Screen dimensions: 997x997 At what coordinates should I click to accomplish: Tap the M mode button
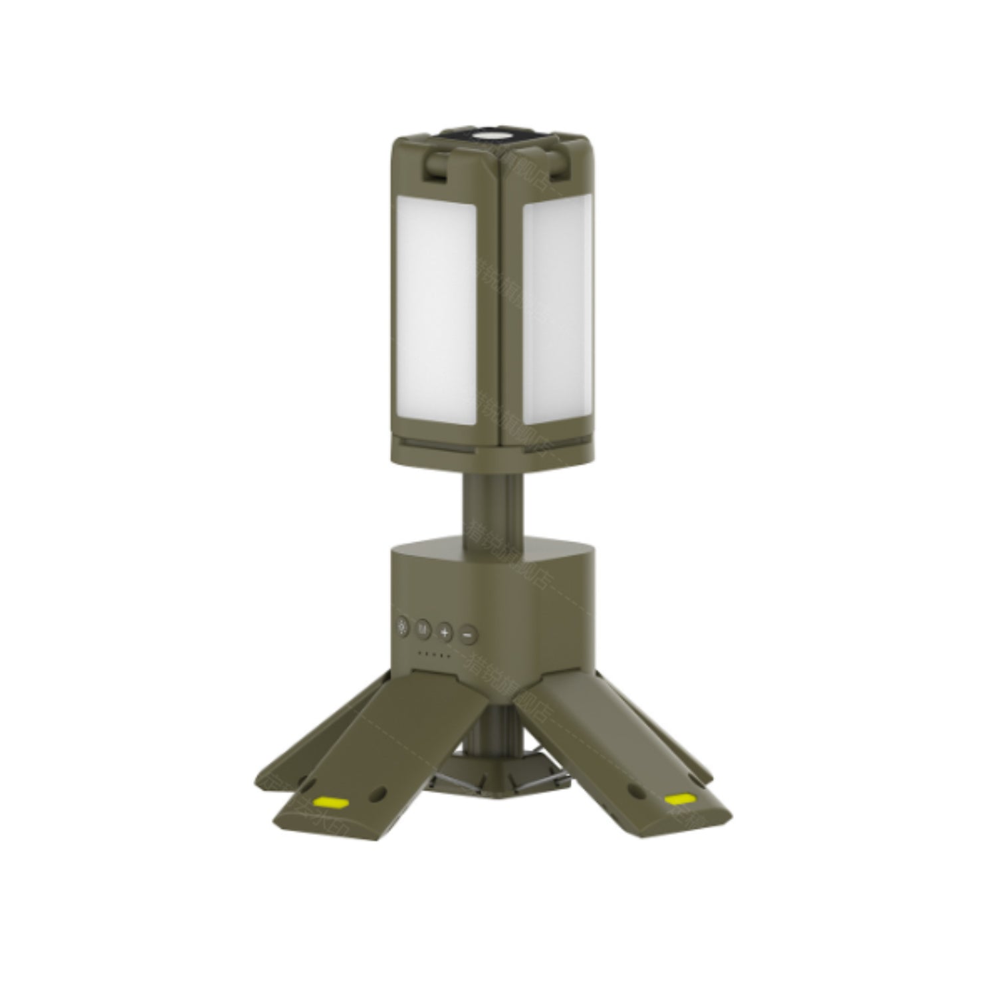(423, 628)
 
